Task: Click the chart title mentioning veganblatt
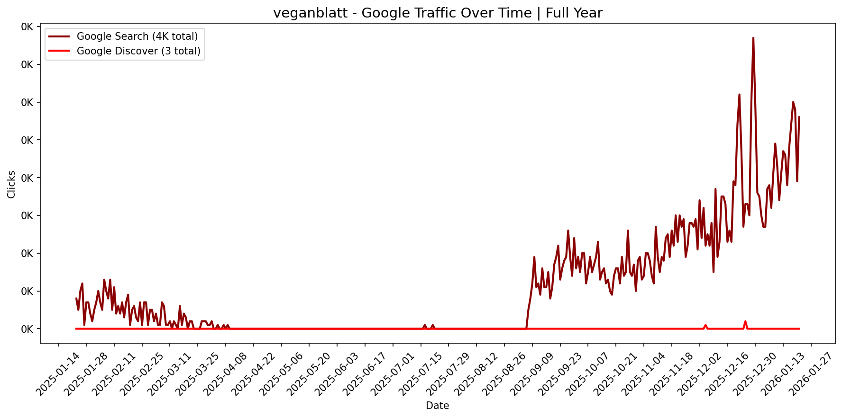[x=438, y=13]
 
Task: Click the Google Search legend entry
[x=137, y=36]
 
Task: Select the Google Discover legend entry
[x=138, y=51]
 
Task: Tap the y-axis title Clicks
[x=11, y=185]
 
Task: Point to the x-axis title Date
[x=437, y=406]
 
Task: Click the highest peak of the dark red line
[x=753, y=38]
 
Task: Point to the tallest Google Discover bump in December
[x=745, y=321]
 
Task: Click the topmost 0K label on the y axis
[x=27, y=27]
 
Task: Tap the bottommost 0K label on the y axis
[x=27, y=329]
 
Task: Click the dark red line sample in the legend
[x=59, y=36]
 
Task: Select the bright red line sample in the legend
[x=59, y=51]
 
